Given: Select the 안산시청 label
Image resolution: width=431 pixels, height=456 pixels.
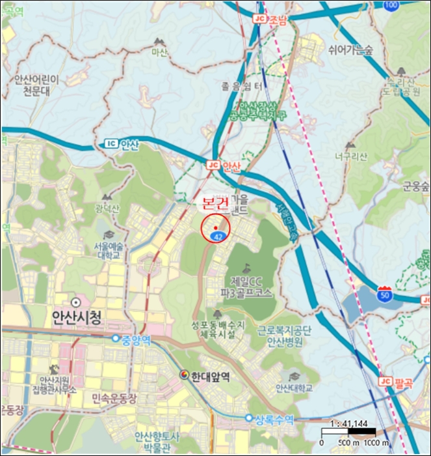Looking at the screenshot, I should tap(76, 318).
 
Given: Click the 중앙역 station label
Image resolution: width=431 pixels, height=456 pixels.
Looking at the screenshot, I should tap(136, 339).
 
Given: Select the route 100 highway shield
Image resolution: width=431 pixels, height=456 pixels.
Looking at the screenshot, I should tap(391, 6).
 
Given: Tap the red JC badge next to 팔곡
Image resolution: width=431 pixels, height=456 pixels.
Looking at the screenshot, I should tap(385, 381).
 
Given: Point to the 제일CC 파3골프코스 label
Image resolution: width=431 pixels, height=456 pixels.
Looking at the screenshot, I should tap(246, 287).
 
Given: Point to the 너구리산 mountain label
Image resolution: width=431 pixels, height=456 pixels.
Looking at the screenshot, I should tap(351, 156).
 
